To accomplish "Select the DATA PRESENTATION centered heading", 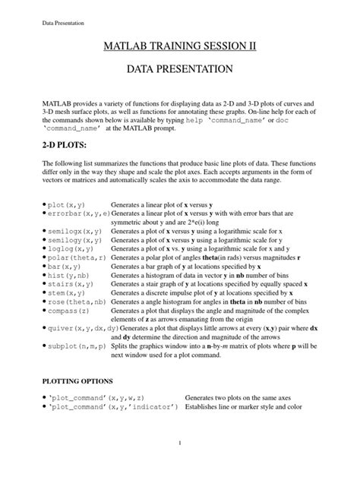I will (x=180, y=69).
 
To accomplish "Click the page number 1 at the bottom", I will (x=180, y=444).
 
